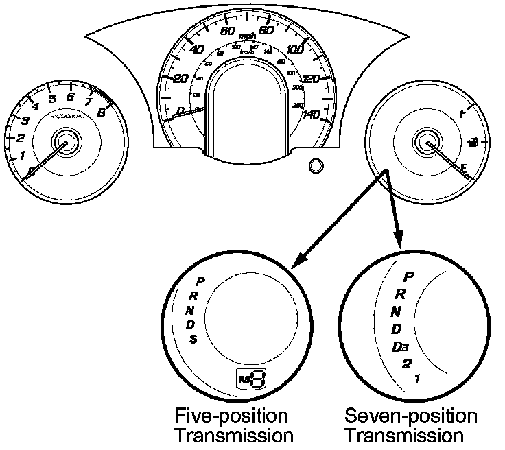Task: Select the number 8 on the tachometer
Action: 102,114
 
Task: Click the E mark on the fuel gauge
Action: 465,167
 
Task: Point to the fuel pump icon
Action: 473,142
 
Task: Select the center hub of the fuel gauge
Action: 428,143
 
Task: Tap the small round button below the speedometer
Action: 316,166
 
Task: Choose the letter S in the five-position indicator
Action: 194,340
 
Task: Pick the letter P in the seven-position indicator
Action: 409,277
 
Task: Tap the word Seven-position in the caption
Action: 410,416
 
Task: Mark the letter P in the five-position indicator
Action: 200,281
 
